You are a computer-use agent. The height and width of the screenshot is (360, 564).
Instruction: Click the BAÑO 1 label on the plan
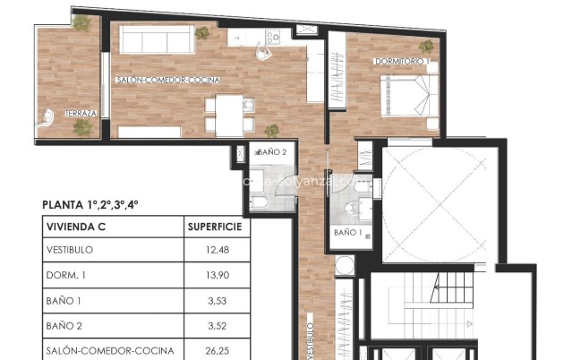pos(348,233)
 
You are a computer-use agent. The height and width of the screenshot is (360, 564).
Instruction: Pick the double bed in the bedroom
pos(409,94)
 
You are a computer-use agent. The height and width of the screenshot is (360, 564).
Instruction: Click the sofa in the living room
pos(158,39)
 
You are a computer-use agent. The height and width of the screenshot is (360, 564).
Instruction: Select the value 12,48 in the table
pos(217,250)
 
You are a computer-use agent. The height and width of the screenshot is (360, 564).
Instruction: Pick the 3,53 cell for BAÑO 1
pos(217,301)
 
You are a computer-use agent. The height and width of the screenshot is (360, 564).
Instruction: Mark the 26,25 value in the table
pos(217,351)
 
